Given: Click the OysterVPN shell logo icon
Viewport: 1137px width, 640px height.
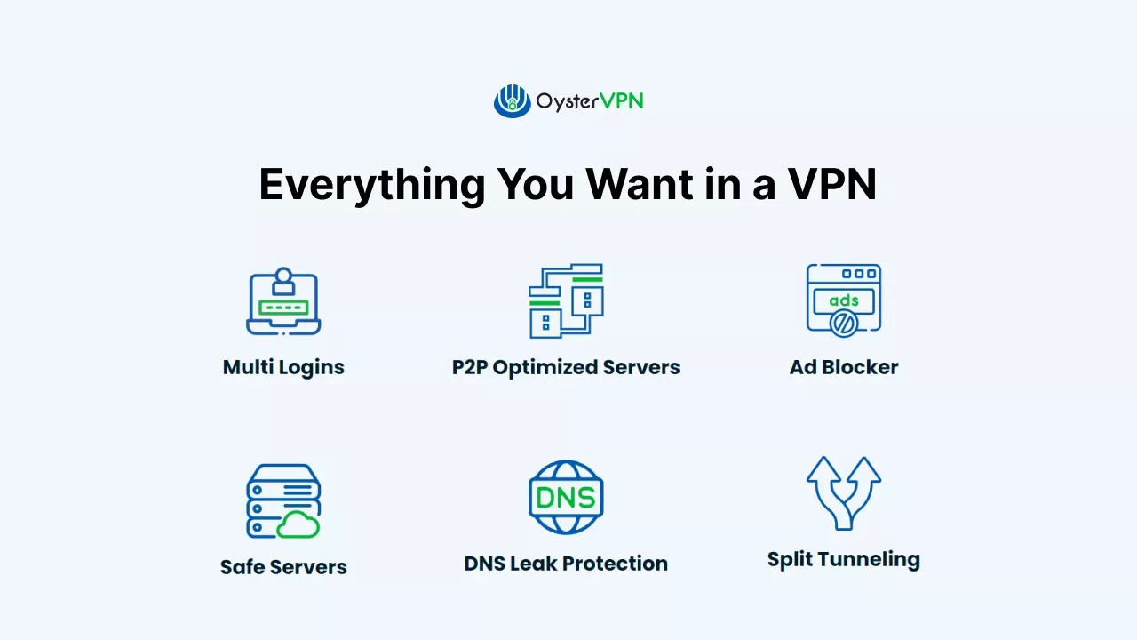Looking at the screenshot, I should click(x=512, y=100).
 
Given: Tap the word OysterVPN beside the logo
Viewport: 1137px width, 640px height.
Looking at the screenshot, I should click(x=589, y=101).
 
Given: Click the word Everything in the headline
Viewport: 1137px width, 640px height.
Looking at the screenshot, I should click(x=371, y=185).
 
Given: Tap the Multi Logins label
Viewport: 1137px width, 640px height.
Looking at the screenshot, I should click(x=283, y=367).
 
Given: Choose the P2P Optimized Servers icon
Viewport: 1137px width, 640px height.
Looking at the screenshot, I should click(x=566, y=300).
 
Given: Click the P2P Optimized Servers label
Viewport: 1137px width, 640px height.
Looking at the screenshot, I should click(x=566, y=367).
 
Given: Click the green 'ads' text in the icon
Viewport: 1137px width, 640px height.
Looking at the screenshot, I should click(x=843, y=300).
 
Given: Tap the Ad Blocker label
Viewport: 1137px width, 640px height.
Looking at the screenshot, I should click(x=844, y=367).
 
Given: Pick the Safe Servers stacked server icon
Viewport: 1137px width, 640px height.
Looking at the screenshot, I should click(x=282, y=500).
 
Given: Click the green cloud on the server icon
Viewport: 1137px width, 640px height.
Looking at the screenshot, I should click(x=298, y=525).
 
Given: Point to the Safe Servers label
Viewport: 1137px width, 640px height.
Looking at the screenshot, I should click(x=283, y=567).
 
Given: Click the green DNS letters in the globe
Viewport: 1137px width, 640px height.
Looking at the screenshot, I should click(x=566, y=498).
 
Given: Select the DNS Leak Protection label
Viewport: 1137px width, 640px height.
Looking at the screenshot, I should click(x=566, y=564).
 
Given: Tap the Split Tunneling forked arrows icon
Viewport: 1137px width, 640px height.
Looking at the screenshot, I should click(x=843, y=492).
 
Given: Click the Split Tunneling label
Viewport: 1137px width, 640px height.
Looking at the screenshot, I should click(x=843, y=559).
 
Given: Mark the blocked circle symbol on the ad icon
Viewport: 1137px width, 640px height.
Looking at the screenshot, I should click(x=842, y=324).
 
